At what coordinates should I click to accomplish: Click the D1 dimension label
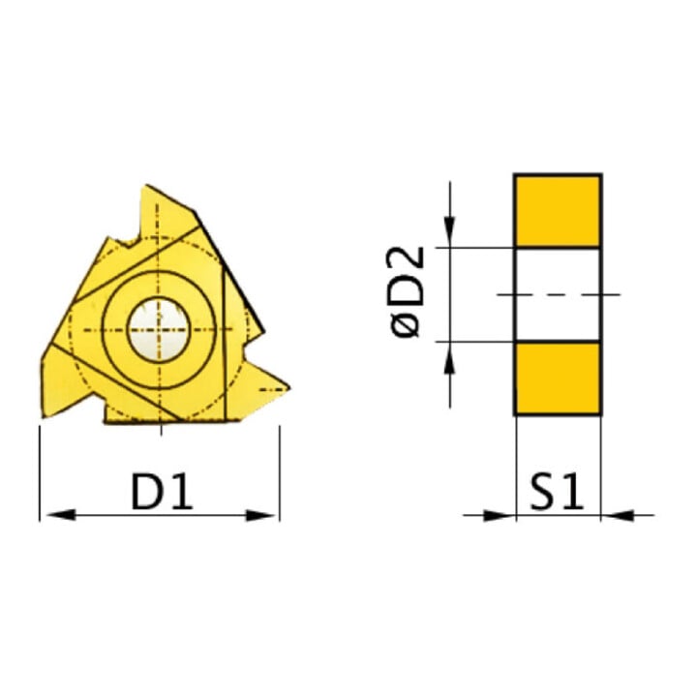click(163, 492)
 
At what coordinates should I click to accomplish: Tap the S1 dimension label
click(556, 492)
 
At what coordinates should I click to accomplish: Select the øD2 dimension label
click(407, 292)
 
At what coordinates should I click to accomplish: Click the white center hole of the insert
click(159, 329)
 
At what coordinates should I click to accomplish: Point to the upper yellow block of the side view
click(558, 211)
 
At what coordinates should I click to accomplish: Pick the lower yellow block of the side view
click(558, 379)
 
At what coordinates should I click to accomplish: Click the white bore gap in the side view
click(558, 294)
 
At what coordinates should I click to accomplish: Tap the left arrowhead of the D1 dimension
click(61, 515)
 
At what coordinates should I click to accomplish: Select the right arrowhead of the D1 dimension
click(261, 516)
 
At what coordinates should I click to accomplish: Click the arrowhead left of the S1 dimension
click(500, 516)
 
